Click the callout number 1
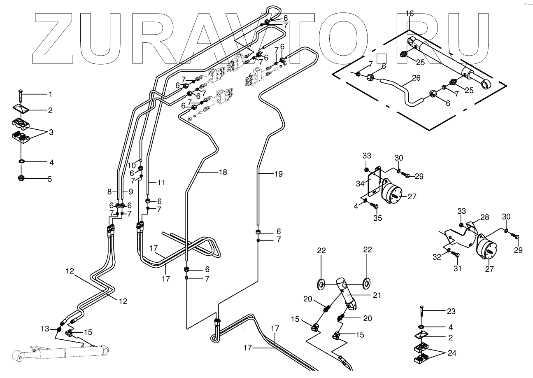(x=51, y=95)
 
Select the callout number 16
(x=410, y=14)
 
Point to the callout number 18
(x=223, y=173)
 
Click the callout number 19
(x=279, y=174)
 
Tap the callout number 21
(x=377, y=295)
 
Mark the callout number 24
(x=452, y=353)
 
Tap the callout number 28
(x=484, y=217)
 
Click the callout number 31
(x=457, y=268)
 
